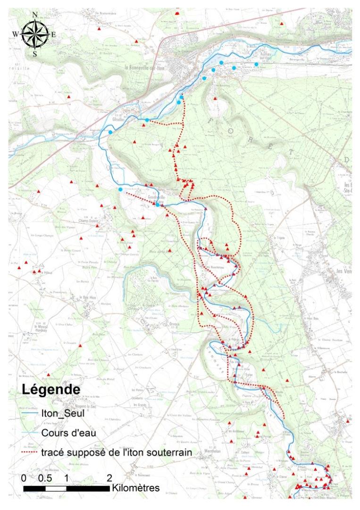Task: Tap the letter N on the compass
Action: [x=35, y=14]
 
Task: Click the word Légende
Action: [x=50, y=390]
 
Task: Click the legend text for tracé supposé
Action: [x=116, y=452]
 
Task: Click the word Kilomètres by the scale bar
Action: [x=136, y=488]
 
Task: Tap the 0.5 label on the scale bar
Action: [x=45, y=477]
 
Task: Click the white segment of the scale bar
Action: [x=56, y=488]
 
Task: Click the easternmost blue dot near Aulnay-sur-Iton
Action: [x=256, y=64]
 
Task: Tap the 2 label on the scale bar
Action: [x=109, y=477]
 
